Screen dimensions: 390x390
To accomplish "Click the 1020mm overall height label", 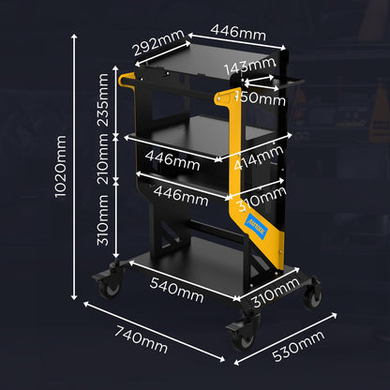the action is click(x=61, y=167).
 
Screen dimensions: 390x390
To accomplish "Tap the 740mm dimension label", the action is click(x=141, y=339).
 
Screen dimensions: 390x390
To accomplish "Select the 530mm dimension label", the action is click(x=298, y=346).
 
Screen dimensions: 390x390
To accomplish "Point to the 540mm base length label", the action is click(x=176, y=290).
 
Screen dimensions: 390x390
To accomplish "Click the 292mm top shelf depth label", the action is click(x=158, y=43).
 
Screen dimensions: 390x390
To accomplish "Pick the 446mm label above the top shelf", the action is click(x=238, y=33).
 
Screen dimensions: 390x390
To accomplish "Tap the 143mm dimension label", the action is click(x=249, y=66).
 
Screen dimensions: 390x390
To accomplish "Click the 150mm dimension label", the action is click(x=260, y=98).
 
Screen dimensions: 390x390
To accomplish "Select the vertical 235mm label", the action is click(x=103, y=99).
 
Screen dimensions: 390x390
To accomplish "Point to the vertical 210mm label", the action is click(x=103, y=159).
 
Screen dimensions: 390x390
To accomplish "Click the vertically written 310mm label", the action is click(x=103, y=220).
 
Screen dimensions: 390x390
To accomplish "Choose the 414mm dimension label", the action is click(x=259, y=157).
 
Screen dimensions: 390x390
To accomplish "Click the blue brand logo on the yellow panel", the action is click(x=256, y=227).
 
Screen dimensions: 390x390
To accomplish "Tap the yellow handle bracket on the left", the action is click(x=126, y=79).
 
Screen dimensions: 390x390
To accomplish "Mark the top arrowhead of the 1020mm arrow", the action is click(x=74, y=37).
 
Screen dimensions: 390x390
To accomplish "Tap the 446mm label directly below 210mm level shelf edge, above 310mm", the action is click(x=181, y=196).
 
